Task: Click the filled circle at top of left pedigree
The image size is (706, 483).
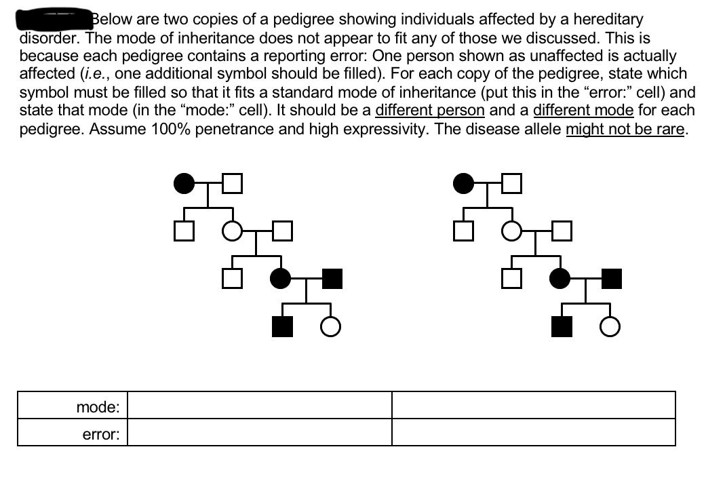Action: (184, 182)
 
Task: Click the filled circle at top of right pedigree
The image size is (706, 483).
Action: (463, 182)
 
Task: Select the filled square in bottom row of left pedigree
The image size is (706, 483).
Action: (283, 327)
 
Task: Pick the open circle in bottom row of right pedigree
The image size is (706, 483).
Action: (610, 328)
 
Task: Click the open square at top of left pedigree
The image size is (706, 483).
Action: (233, 182)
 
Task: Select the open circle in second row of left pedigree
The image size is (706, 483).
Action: (232, 232)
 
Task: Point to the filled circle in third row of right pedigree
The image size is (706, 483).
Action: (560, 277)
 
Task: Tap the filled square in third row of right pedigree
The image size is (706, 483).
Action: (611, 277)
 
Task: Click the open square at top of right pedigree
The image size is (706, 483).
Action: (513, 182)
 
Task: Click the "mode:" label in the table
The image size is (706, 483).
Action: (98, 407)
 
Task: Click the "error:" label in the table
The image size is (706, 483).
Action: (101, 434)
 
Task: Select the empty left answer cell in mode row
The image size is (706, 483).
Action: (259, 406)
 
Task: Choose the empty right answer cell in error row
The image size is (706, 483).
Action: (533, 433)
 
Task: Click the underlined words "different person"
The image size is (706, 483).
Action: (429, 110)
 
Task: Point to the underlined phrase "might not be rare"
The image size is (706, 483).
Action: (625, 129)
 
